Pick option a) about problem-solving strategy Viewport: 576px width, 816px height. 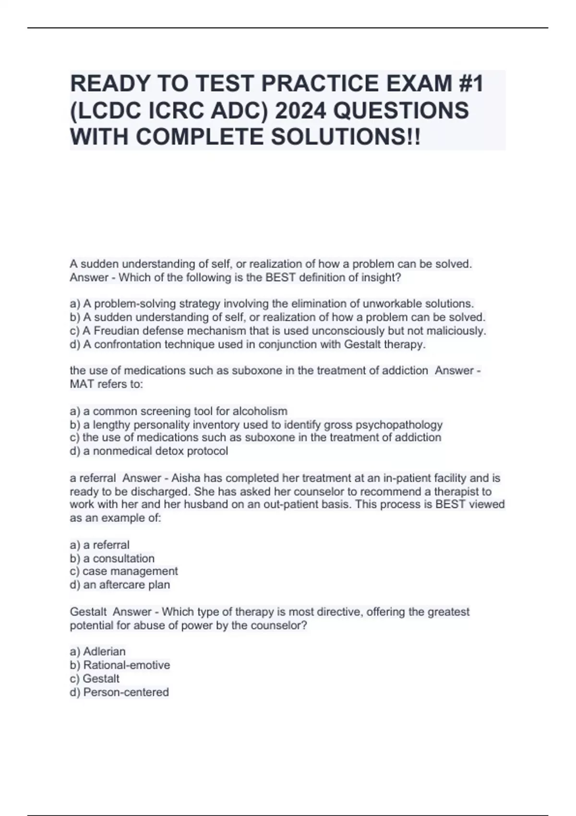point(272,304)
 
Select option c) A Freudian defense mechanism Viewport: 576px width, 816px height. point(278,331)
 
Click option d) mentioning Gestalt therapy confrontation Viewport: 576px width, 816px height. point(248,344)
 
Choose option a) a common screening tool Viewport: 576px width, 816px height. point(179,411)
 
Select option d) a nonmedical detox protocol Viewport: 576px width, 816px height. point(149,451)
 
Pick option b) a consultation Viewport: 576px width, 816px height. point(112,558)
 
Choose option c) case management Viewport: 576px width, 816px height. point(124,571)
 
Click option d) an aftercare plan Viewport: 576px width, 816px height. point(120,585)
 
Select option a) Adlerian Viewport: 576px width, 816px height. point(98,651)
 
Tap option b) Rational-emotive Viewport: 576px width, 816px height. point(120,665)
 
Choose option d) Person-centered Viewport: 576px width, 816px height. point(120,692)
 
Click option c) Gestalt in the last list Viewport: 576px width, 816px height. point(95,678)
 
